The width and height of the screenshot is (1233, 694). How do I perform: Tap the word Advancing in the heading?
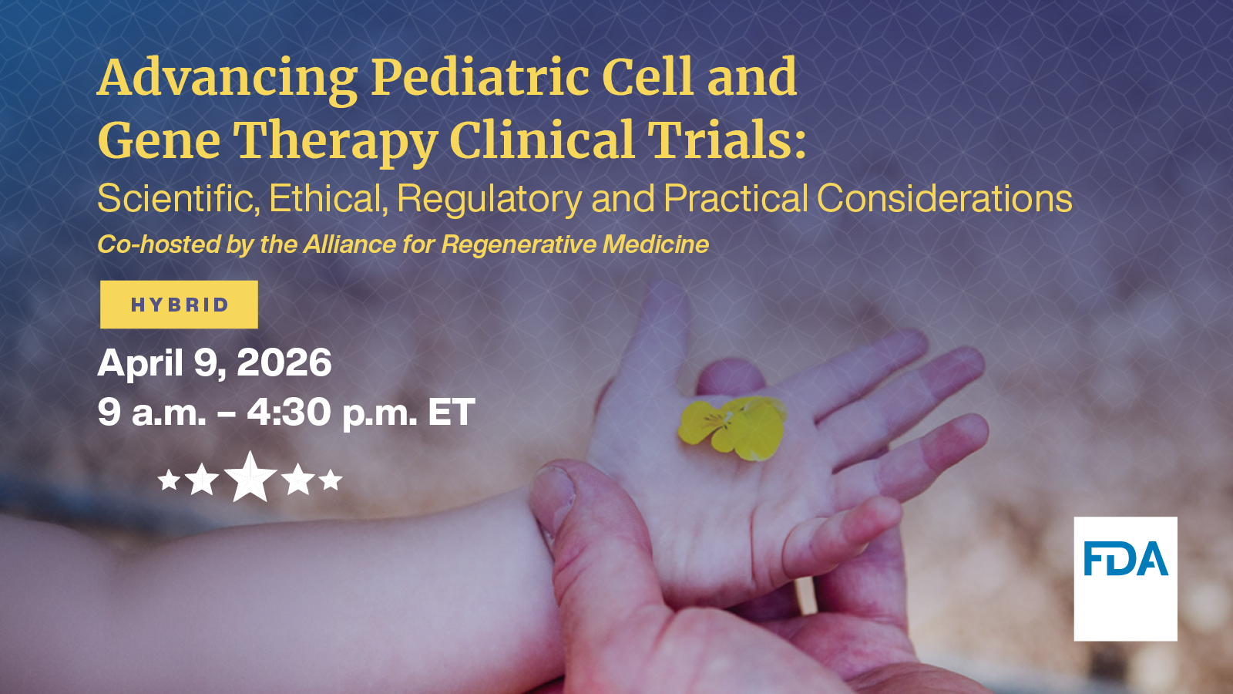[x=227, y=79]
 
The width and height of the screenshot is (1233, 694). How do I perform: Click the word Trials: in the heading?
[x=726, y=140]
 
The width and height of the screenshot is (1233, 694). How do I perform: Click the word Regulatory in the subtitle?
[x=489, y=199]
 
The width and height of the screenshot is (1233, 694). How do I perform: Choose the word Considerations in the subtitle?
[x=944, y=199]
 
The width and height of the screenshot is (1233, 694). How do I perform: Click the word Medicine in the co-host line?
[x=655, y=244]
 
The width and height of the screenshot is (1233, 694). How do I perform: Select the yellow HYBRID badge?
[x=179, y=305]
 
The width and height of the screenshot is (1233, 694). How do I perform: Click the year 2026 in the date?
[x=284, y=362]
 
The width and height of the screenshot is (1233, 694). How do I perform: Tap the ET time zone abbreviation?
[x=452, y=413]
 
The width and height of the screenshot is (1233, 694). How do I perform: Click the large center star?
[x=250, y=478]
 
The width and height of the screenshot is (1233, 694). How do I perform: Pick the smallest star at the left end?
[x=169, y=481]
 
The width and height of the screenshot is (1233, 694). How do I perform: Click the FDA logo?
[x=1125, y=578]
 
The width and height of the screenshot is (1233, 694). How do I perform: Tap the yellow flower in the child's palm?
[x=732, y=426]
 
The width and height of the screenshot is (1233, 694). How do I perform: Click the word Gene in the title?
[x=159, y=142]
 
